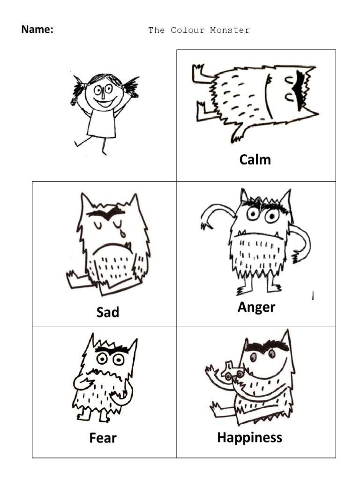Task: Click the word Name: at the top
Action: click(37, 30)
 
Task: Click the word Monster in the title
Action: click(230, 30)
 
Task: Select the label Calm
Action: click(255, 159)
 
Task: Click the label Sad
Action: click(107, 312)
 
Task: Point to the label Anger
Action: click(256, 307)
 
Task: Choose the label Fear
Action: click(103, 438)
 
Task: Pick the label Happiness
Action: click(249, 438)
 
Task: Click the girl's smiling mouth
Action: click(105, 101)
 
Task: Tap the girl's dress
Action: click(102, 124)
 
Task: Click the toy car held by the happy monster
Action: click(234, 371)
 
